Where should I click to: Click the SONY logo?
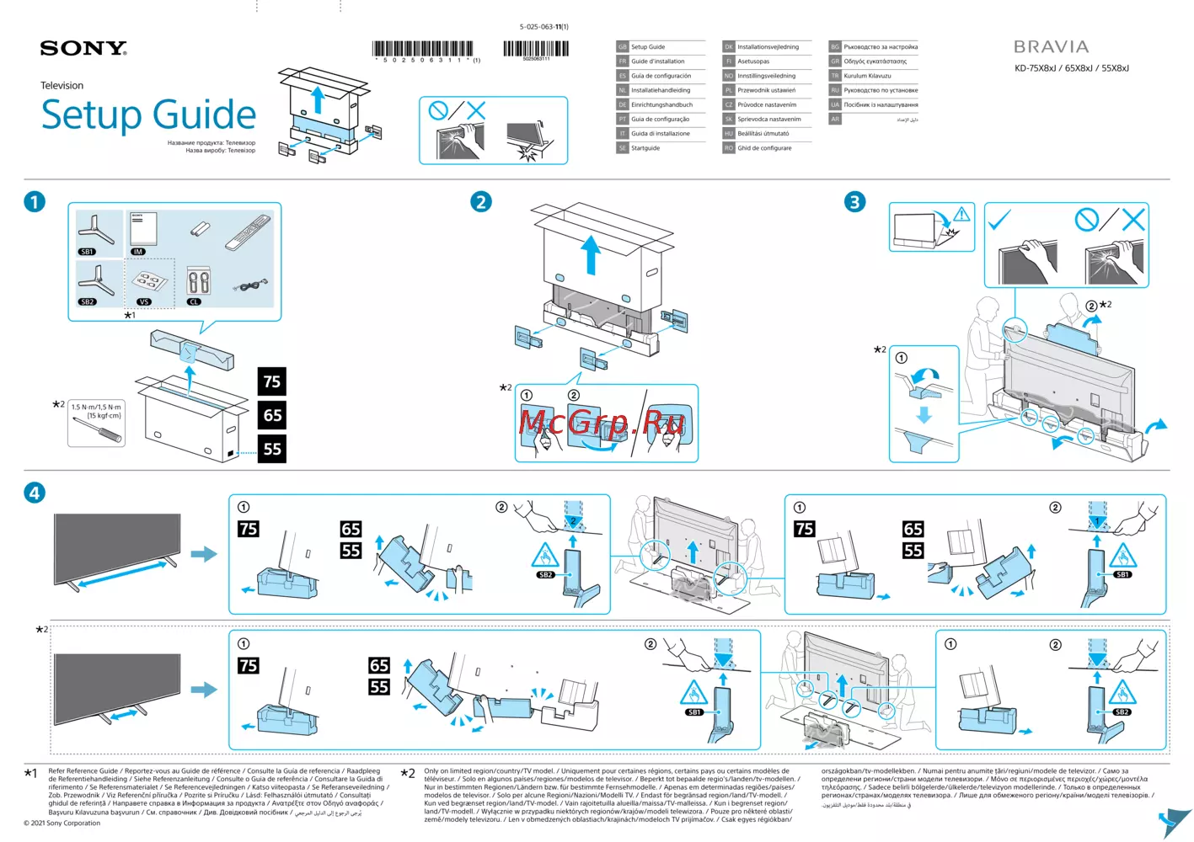(83, 48)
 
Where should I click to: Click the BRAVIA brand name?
(1051, 47)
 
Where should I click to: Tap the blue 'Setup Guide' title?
(148, 115)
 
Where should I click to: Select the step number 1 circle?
(35, 202)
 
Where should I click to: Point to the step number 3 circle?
(854, 201)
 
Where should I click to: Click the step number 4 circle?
(35, 493)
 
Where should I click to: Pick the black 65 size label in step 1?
(272, 415)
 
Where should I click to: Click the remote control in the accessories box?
(249, 232)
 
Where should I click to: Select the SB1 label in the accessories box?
(88, 252)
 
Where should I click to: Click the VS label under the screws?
(144, 301)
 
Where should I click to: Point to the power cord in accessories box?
(249, 286)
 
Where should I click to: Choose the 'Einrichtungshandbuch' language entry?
(661, 105)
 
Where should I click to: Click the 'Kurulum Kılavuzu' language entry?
(867, 76)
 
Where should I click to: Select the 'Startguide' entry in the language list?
(645, 148)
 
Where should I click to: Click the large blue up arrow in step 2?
(591, 254)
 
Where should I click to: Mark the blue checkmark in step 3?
(999, 221)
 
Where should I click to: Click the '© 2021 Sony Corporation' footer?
(62, 823)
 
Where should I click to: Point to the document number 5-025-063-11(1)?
(543, 27)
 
